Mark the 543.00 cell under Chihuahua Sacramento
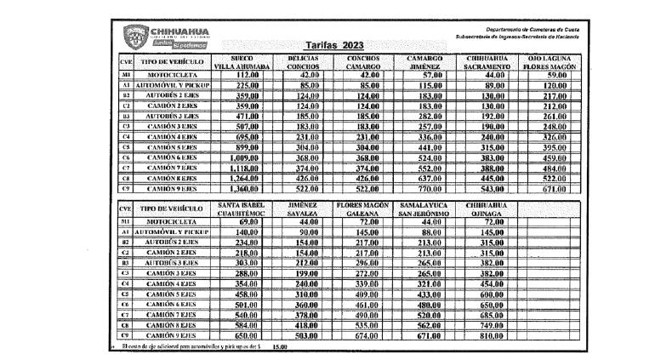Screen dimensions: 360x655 click(x=494, y=188)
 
